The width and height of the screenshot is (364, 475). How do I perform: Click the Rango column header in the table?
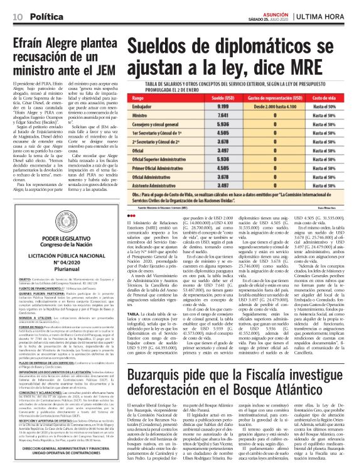(139, 99)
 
